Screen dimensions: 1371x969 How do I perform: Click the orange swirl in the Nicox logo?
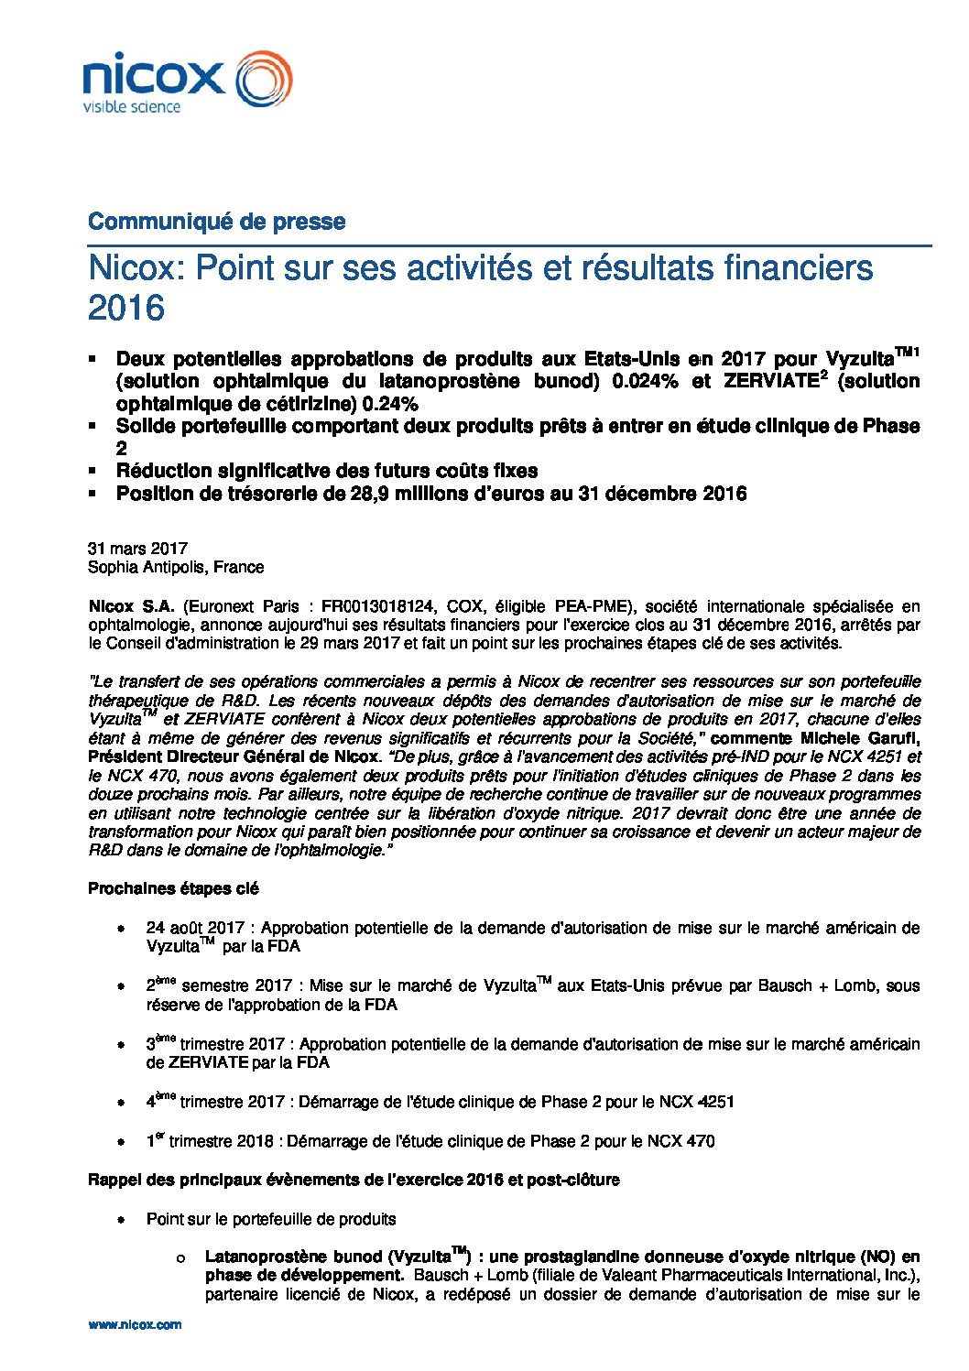click(x=264, y=79)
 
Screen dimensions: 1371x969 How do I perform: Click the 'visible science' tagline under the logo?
click(x=132, y=107)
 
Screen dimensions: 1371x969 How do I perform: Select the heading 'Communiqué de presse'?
click(x=216, y=222)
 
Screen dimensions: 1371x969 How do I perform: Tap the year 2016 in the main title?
click(x=126, y=308)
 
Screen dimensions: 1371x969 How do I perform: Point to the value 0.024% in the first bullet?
click(x=645, y=382)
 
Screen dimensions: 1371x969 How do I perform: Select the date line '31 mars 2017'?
click(x=137, y=549)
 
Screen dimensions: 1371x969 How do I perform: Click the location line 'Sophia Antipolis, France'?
click(x=176, y=567)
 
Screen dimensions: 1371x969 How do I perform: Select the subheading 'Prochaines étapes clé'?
click(x=173, y=888)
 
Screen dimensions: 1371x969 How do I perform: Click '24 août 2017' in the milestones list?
click(x=195, y=928)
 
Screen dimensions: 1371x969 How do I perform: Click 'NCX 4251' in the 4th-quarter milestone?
click(x=696, y=1102)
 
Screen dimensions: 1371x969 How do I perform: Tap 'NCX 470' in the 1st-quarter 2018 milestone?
click(x=680, y=1141)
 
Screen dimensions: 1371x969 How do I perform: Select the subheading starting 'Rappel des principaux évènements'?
click(x=354, y=1180)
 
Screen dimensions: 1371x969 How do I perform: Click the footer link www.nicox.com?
click(x=135, y=1324)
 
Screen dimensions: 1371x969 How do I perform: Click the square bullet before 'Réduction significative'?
click(x=92, y=471)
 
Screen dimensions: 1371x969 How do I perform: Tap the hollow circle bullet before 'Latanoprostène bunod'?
click(x=180, y=1259)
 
